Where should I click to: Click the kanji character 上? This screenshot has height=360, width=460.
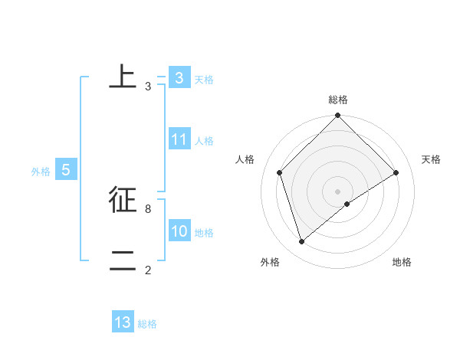click(122, 78)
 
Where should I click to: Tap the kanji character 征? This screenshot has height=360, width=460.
click(122, 199)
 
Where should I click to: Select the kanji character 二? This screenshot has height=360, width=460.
click(122, 261)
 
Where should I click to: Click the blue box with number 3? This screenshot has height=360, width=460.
click(179, 78)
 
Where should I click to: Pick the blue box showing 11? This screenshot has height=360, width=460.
click(179, 139)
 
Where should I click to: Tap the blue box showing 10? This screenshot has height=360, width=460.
click(179, 231)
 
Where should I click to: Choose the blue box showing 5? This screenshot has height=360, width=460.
click(66, 171)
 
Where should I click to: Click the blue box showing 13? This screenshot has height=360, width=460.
click(123, 322)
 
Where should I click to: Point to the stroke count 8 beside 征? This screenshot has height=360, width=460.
click(147, 208)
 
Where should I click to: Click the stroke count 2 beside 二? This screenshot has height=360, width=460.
click(147, 270)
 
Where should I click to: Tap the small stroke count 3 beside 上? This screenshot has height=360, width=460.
click(147, 87)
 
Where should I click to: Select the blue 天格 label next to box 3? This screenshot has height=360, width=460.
click(204, 80)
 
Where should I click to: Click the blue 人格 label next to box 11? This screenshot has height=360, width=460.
click(204, 141)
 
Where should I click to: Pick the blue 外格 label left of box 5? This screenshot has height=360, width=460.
click(41, 172)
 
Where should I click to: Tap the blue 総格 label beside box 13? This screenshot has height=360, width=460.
click(147, 324)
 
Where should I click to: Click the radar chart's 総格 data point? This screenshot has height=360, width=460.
click(337, 116)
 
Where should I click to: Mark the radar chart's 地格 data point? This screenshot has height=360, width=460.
click(347, 204)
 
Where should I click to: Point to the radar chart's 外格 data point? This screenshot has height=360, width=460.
click(301, 242)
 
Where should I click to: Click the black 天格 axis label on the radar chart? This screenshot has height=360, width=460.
click(431, 159)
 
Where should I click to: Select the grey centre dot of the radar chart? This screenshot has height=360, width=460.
click(337, 191)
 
